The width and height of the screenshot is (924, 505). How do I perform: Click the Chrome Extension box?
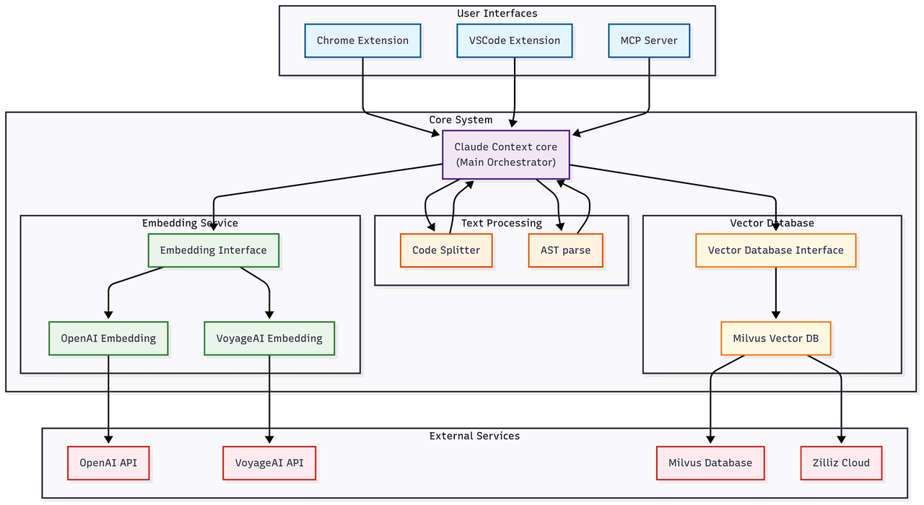click(362, 40)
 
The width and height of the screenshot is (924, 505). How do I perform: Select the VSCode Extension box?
click(514, 40)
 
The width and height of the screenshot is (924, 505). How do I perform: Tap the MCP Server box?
click(649, 40)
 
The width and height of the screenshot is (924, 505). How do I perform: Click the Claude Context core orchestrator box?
click(505, 154)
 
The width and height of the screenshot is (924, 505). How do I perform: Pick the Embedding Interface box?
click(213, 250)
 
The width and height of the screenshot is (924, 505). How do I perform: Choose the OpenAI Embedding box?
click(108, 338)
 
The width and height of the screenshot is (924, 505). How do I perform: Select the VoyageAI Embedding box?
click(269, 338)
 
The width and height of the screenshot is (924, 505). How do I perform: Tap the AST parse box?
click(565, 250)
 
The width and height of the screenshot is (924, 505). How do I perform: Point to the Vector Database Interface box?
click(775, 250)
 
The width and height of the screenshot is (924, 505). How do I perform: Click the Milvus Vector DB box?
click(775, 338)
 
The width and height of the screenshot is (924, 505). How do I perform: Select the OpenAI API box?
click(108, 462)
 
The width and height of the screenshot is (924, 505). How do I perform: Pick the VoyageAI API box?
click(269, 462)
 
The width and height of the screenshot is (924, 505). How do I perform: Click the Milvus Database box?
click(710, 462)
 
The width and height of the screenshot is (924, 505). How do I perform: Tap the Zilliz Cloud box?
click(841, 462)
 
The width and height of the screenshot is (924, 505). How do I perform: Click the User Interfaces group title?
click(497, 14)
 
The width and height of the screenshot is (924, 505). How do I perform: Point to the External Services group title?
click(474, 436)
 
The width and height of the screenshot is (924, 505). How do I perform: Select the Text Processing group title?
click(501, 223)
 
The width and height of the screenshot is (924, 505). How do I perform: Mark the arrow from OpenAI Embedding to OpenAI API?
click(108, 397)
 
